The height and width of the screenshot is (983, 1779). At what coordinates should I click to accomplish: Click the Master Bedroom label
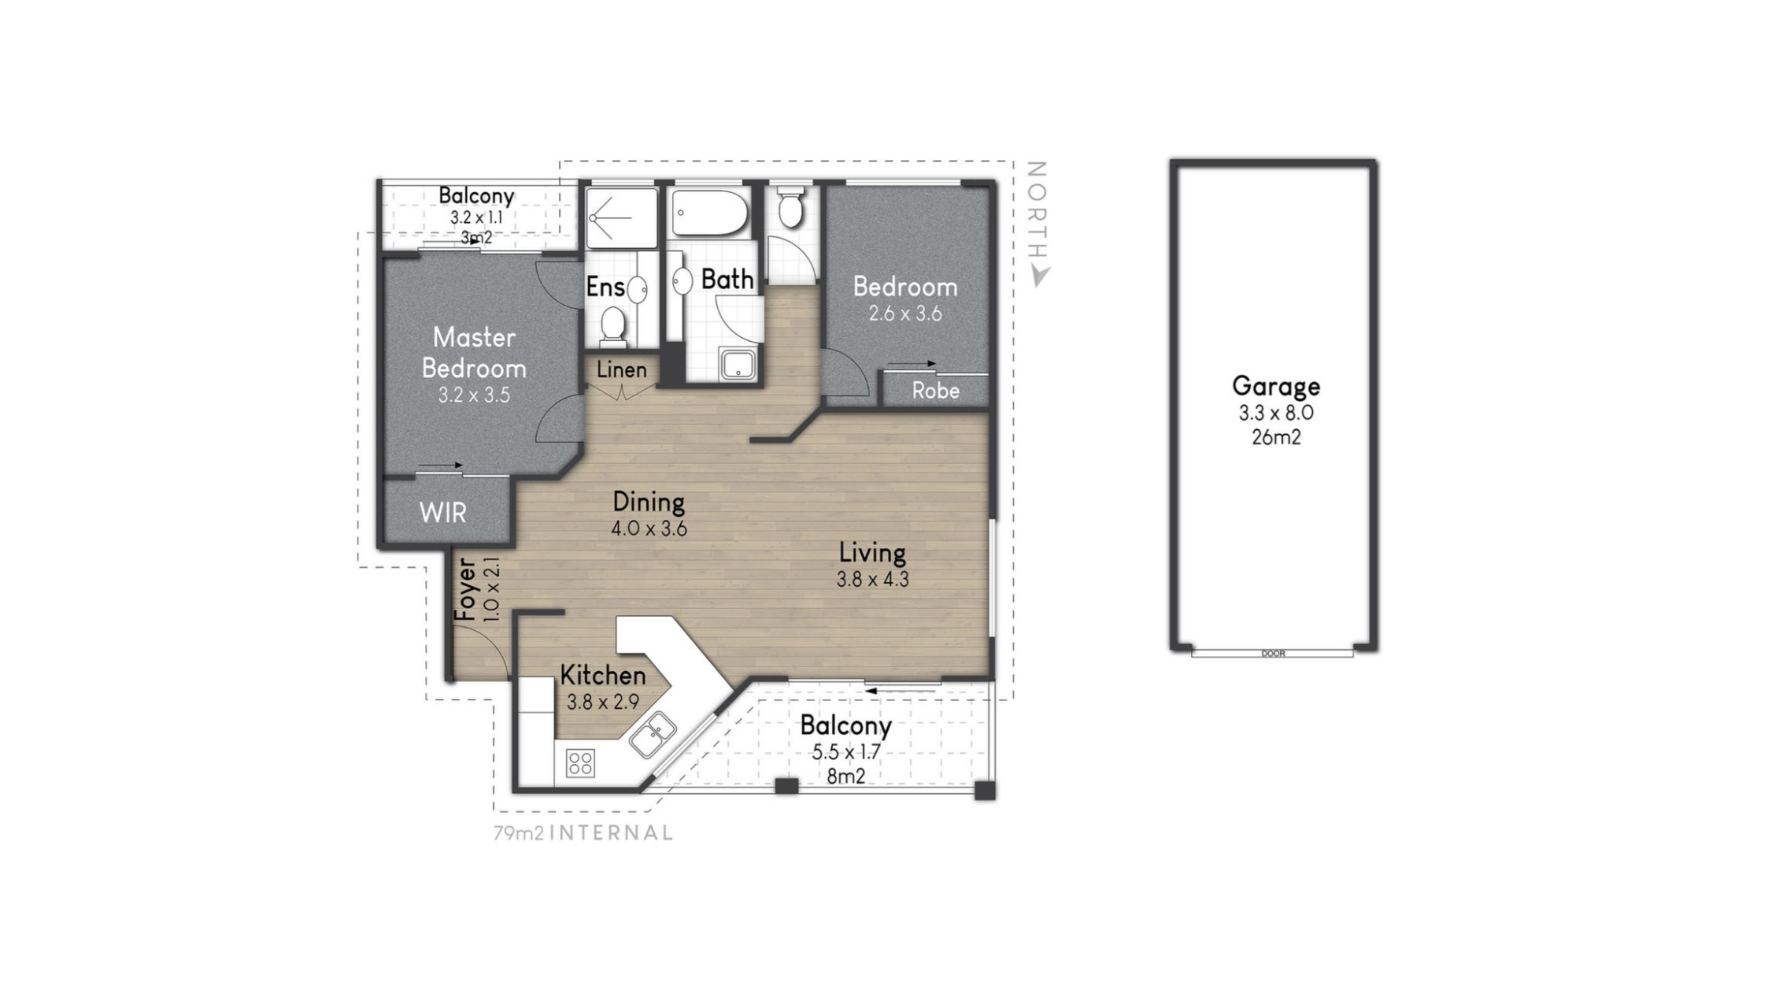[x=474, y=353]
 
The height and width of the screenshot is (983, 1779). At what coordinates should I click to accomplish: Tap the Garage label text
[x=1276, y=387]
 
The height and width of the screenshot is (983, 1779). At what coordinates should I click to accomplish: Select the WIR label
[x=443, y=514]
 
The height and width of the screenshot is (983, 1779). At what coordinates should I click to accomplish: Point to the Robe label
[x=936, y=391]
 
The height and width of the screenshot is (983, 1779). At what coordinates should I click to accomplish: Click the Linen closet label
[x=622, y=369]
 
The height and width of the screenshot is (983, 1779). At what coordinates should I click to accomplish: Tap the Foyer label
[x=466, y=589]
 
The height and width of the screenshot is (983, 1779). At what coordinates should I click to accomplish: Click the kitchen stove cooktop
[x=580, y=762]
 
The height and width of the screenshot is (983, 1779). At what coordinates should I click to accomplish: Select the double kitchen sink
[x=653, y=735]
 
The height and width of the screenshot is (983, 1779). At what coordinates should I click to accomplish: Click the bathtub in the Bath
[x=709, y=212]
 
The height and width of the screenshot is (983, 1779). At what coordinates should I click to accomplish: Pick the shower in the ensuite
[x=621, y=217]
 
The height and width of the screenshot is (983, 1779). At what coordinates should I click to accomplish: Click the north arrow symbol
[x=1041, y=276]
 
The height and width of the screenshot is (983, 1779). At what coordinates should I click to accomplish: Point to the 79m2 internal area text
[x=583, y=833]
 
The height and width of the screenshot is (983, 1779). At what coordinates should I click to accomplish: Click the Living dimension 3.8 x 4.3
[x=872, y=580]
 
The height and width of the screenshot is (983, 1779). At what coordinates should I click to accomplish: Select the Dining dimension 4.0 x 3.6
[x=649, y=529]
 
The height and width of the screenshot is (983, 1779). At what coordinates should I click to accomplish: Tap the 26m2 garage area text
[x=1276, y=437]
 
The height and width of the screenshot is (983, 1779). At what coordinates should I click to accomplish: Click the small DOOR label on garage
[x=1273, y=654]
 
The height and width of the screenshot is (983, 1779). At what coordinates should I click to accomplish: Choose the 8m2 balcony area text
[x=846, y=777]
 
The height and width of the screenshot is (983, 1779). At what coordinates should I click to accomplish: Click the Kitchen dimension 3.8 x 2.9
[x=603, y=702]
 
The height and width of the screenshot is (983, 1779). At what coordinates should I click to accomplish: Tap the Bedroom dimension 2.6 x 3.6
[x=905, y=313]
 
